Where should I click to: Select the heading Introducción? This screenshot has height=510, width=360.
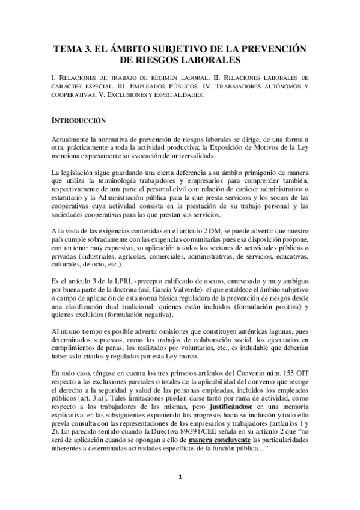pyautogui.click(x=80, y=120)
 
